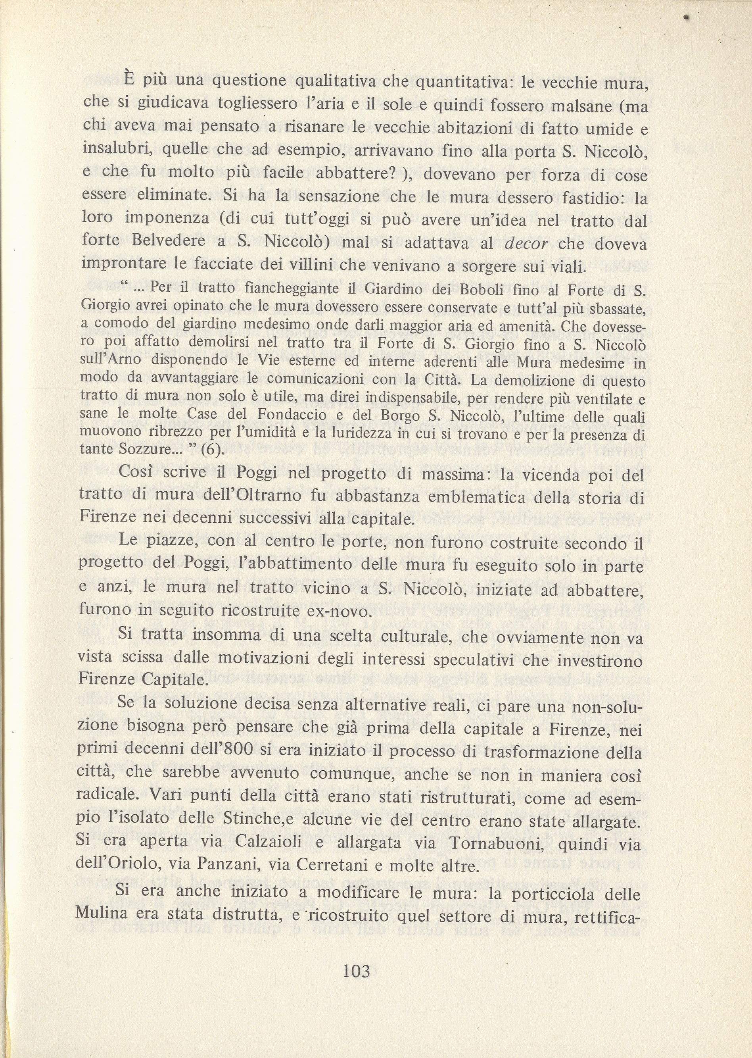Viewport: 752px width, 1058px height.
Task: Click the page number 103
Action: [356, 970]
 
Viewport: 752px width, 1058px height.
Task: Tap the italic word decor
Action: [526, 243]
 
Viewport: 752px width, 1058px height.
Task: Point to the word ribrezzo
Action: [176, 432]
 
